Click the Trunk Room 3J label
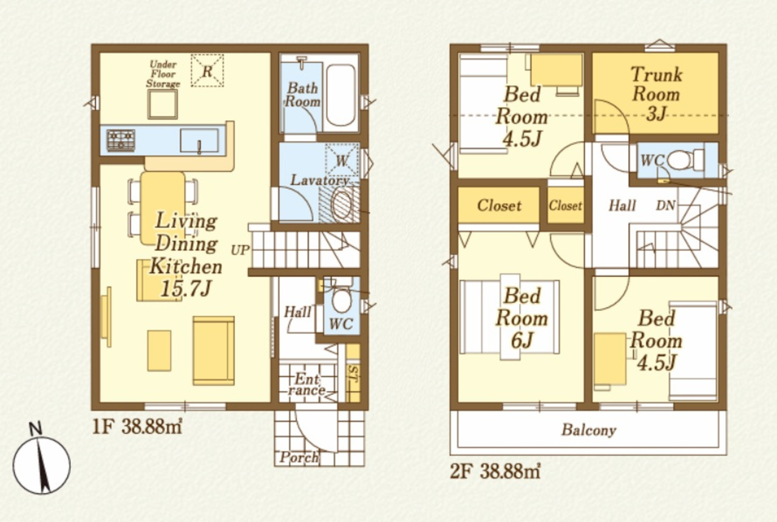click(x=656, y=94)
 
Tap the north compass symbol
click(x=41, y=460)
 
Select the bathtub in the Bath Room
click(x=341, y=95)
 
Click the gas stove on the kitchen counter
click(x=121, y=140)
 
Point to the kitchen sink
click(x=199, y=140)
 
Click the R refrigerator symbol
click(x=207, y=70)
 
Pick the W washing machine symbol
click(x=342, y=161)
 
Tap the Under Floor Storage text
click(x=163, y=74)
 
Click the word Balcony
click(x=589, y=430)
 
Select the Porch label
click(x=299, y=458)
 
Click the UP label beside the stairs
click(x=240, y=249)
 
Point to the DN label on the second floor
click(x=666, y=206)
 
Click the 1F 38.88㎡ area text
click(x=137, y=427)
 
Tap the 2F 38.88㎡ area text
click(x=495, y=472)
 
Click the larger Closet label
click(x=499, y=205)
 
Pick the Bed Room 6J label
click(x=521, y=318)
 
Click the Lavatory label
click(x=319, y=180)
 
